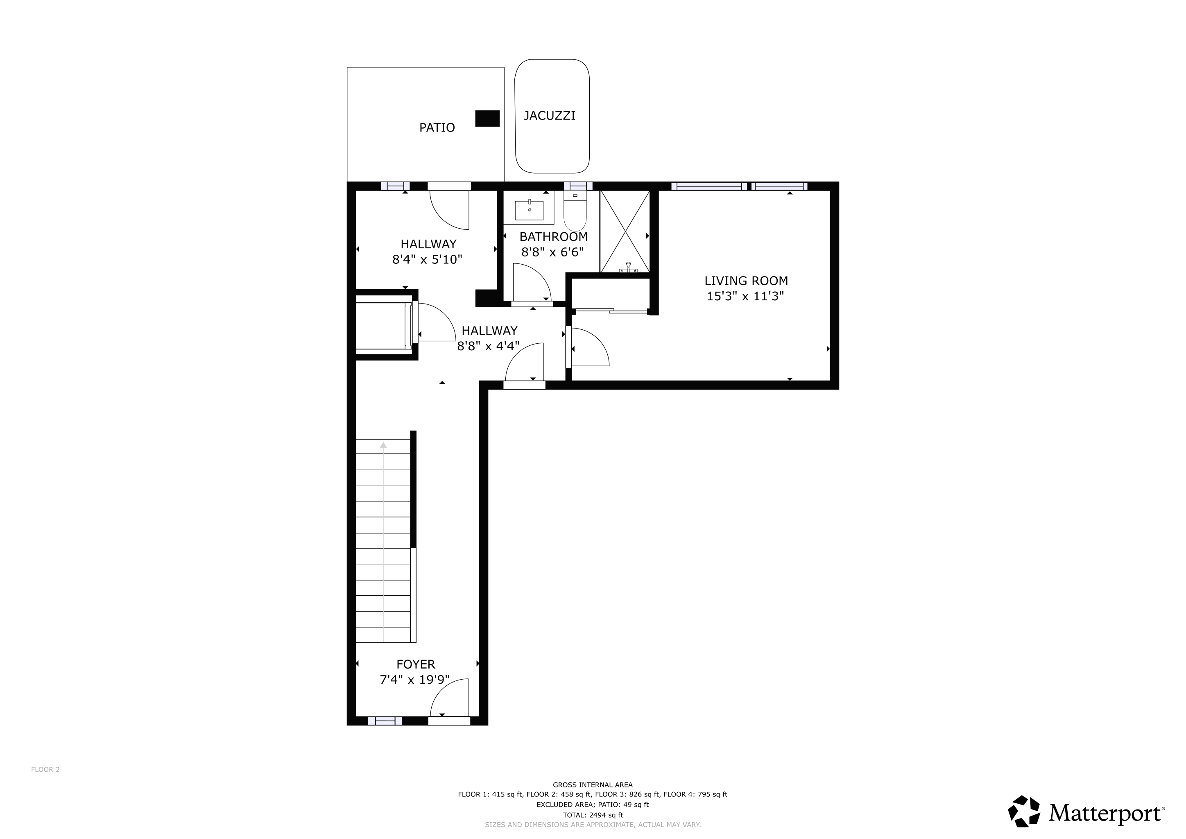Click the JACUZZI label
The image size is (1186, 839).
[x=549, y=116]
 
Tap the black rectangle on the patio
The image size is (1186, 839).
[x=487, y=118]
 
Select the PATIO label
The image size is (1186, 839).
[x=437, y=127]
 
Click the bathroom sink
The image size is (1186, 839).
[x=529, y=210]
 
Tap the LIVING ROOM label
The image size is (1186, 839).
[x=746, y=281]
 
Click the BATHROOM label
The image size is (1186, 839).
[x=553, y=237]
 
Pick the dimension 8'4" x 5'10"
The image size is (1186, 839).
[x=427, y=259]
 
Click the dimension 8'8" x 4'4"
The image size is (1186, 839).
[x=488, y=346]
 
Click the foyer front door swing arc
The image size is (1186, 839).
[x=447, y=697]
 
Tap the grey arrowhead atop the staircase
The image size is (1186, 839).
[x=383, y=445]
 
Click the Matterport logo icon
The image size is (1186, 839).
[x=1023, y=811]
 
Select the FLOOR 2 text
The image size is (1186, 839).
[x=45, y=769]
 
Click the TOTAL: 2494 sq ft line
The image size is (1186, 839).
[x=593, y=815]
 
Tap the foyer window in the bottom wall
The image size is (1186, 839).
[x=385, y=721]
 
